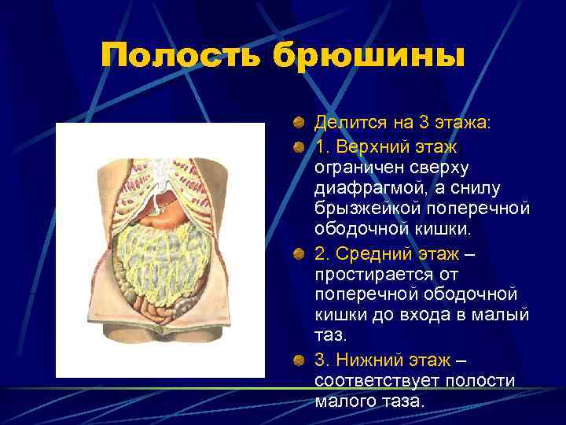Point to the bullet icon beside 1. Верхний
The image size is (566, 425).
[299, 147]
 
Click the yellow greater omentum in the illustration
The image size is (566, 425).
[157, 260]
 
